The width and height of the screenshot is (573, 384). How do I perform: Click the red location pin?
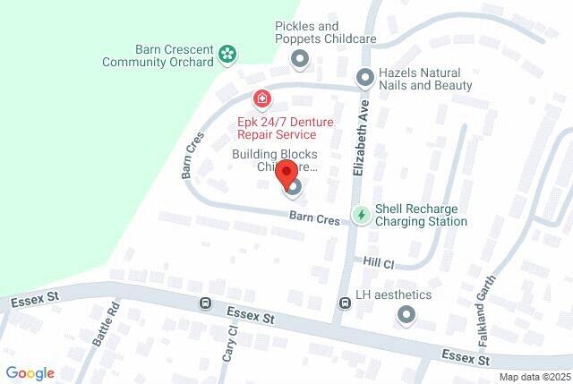click(286, 174)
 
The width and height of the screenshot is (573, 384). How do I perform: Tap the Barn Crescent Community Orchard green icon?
click(228, 54)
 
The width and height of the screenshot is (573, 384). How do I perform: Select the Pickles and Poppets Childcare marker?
click(300, 59)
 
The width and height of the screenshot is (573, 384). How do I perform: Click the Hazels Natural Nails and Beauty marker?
click(364, 79)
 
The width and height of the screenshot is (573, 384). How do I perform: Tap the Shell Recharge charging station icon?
click(361, 215)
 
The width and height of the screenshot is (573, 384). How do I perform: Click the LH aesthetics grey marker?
click(407, 314)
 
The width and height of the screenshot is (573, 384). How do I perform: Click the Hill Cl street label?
click(379, 263)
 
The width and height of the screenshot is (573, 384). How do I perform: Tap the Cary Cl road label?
click(230, 343)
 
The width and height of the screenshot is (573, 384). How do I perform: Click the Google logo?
click(30, 373)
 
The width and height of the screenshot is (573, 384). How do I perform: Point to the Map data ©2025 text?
click(534, 377)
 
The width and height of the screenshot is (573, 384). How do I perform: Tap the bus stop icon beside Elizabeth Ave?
click(345, 303)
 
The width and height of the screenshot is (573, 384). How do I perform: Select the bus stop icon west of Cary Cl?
click(206, 303)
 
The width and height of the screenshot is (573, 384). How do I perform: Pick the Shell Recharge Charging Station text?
click(421, 215)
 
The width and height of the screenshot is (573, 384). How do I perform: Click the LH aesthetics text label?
click(393, 294)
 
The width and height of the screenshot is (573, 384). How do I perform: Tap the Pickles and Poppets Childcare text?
click(325, 33)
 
